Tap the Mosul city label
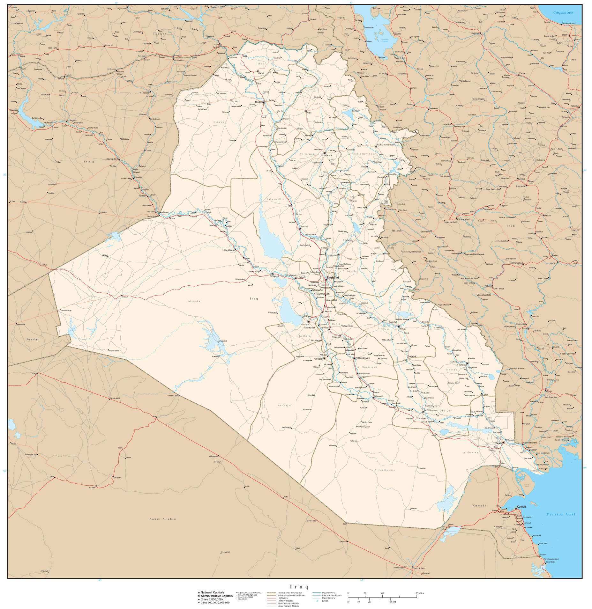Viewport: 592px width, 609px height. click(258, 102)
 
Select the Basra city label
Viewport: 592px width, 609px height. click(498, 443)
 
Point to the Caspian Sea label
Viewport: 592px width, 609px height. click(563, 12)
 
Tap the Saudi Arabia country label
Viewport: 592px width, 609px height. click(163, 519)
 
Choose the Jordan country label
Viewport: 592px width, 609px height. click(33, 339)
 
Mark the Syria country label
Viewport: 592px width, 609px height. click(89, 162)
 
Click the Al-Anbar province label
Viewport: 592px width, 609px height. click(195, 301)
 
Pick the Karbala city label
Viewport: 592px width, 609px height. click(305, 324)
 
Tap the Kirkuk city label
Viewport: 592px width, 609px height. click(328, 155)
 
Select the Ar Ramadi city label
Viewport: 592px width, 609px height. click(275, 276)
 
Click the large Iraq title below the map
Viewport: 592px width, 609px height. click(299, 586)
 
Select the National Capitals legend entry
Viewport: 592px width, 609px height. click(212, 592)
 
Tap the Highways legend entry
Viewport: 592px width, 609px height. click(282, 598)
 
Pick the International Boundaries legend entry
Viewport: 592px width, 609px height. click(290, 592)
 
